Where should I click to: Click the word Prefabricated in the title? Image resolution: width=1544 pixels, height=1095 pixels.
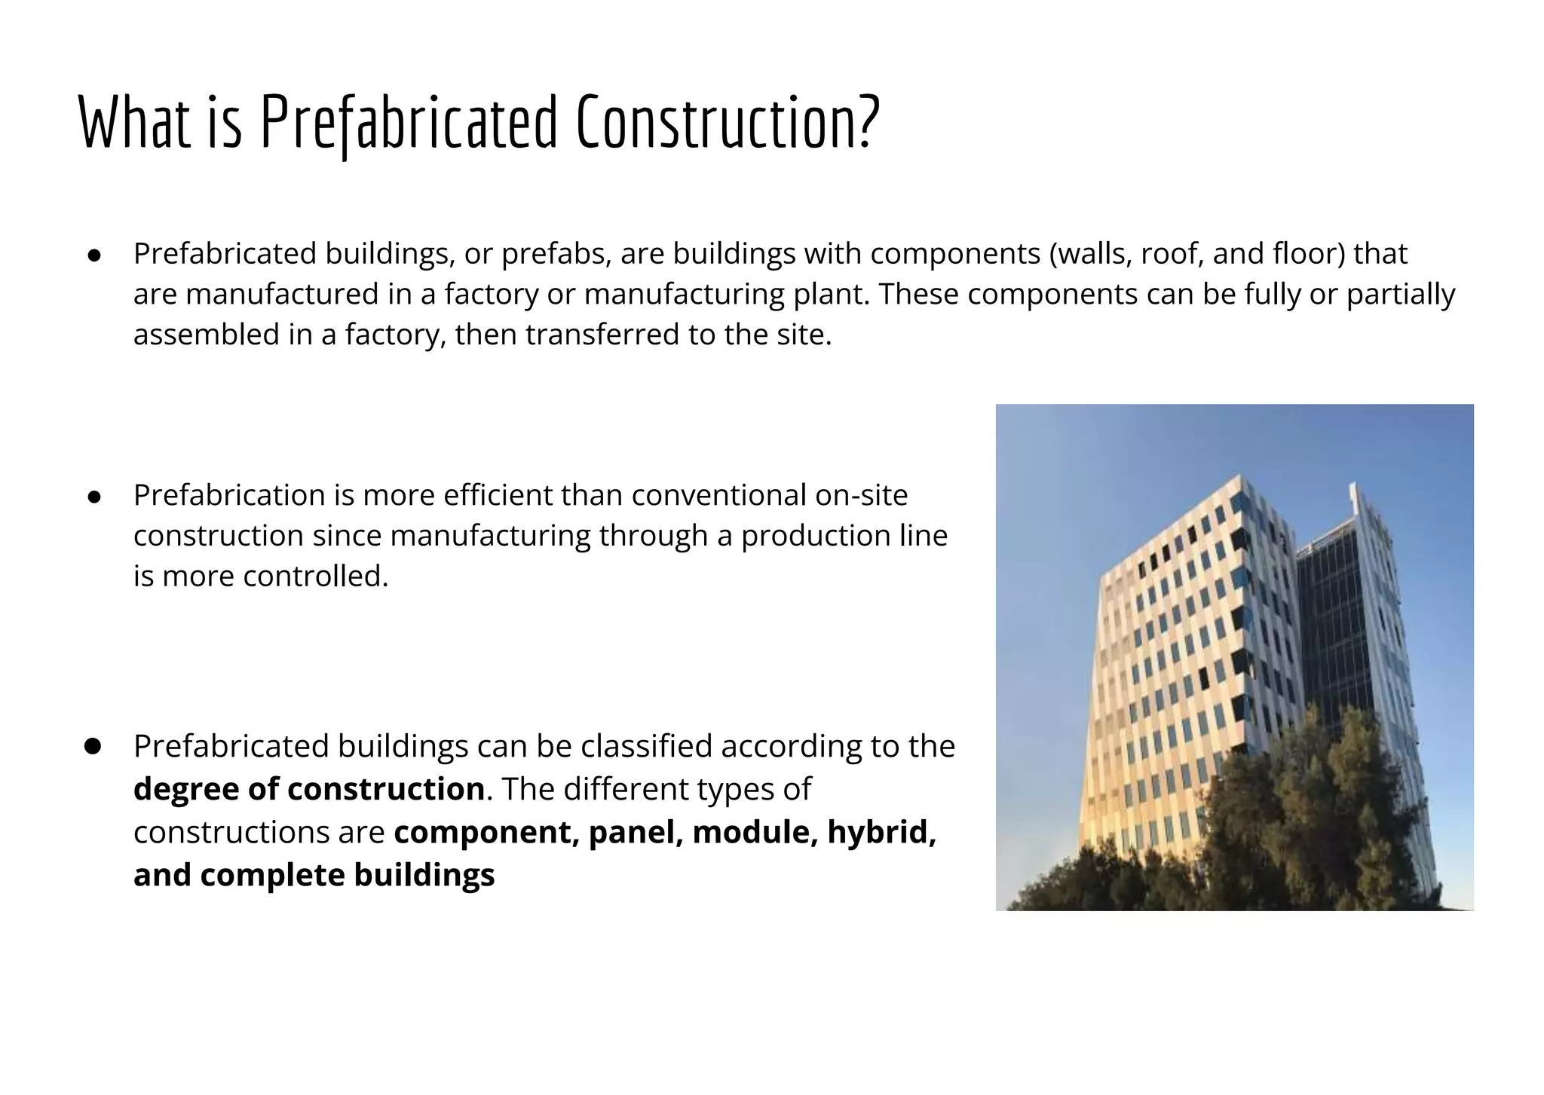[x=408, y=122]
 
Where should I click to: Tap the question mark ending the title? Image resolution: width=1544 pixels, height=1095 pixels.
[x=868, y=122]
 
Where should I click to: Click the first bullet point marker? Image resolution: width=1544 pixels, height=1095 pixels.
[x=94, y=255]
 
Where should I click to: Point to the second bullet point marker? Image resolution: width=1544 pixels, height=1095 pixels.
[x=94, y=497]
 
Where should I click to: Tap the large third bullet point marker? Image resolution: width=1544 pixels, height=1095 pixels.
[x=93, y=746]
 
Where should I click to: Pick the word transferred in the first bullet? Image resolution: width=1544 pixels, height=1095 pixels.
[x=602, y=335]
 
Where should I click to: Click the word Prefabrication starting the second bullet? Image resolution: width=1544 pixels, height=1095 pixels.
[x=229, y=496]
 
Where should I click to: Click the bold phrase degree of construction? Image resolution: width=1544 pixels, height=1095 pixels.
[x=308, y=789]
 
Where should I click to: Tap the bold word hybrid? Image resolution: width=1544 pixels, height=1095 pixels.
[x=881, y=832]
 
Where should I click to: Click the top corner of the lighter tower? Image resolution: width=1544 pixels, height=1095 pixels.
[x=1240, y=477]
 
